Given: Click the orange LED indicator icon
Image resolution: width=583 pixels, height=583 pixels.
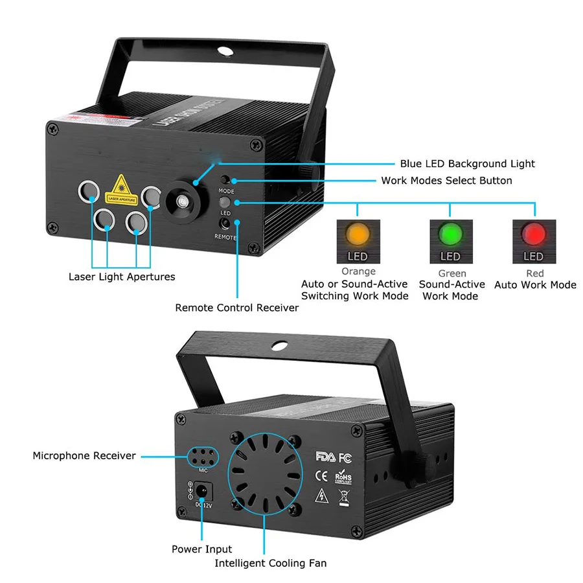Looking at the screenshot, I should pos(358,234).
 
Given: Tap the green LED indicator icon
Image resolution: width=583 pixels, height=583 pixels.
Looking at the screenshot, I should pos(452,234).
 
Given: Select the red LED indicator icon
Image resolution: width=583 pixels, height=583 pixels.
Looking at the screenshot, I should pos(534,234).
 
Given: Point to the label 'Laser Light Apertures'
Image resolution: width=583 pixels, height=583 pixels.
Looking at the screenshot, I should pos(122,277).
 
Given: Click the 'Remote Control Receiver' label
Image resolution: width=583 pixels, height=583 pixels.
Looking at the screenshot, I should pos(237,308).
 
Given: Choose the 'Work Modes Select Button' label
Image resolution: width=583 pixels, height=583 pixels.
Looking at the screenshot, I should pos(446,181).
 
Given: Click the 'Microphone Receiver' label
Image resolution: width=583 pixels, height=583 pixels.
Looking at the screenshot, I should pos(84,455).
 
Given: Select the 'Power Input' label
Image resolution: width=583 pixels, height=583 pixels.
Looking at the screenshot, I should pos(201,549).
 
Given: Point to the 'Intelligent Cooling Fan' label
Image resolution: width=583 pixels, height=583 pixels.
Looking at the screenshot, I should pos(271,563).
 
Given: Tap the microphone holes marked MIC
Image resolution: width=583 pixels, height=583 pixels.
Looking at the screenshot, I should pos(203,457).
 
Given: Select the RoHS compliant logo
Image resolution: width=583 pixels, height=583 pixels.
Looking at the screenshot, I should pos(343,477).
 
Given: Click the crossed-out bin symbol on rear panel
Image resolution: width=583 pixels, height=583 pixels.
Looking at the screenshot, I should pos(343,497).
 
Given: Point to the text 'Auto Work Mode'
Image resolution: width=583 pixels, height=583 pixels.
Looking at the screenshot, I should pos(535,284).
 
